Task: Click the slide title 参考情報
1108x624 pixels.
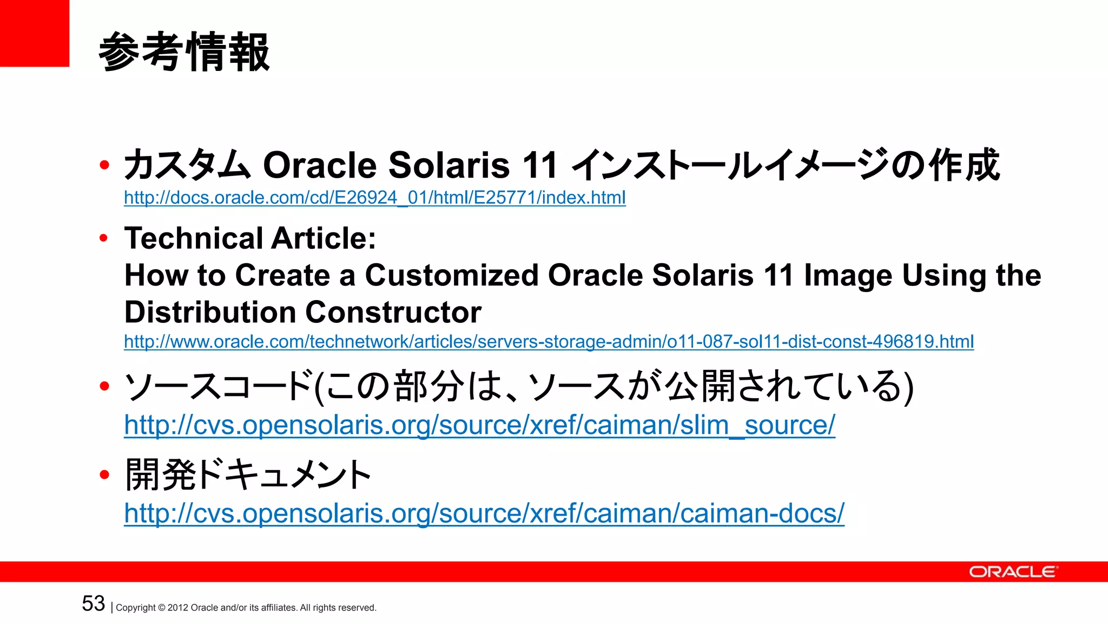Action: (184, 52)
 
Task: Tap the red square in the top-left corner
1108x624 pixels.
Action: (34, 33)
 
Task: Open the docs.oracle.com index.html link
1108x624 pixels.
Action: (374, 198)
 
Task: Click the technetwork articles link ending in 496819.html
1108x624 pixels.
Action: (549, 342)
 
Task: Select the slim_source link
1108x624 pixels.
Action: (479, 425)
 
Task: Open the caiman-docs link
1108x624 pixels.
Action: (484, 513)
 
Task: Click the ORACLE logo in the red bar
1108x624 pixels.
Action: (1012, 572)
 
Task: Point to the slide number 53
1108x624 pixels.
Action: (93, 603)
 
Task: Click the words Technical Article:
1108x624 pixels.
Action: (250, 238)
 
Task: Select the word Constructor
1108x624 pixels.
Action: (393, 312)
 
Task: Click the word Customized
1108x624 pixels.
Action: (452, 275)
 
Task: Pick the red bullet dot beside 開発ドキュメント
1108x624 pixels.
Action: (104, 475)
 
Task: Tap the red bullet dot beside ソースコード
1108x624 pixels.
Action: (104, 386)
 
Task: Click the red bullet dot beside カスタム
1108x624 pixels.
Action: (104, 165)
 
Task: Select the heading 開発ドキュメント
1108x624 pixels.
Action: (248, 475)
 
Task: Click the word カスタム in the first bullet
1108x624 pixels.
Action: (187, 165)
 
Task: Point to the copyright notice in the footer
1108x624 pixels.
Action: (246, 608)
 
